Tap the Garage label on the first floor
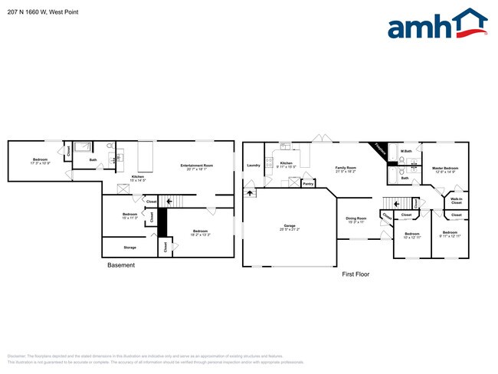pyautogui.click(x=290, y=225)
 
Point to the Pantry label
pyautogui.click(x=308, y=184)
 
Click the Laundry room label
pyautogui.click(x=254, y=165)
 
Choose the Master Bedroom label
pyautogui.click(x=444, y=168)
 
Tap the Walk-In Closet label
pyautogui.click(x=456, y=201)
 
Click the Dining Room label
pyautogui.click(x=357, y=218)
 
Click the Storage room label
pyautogui.click(x=130, y=248)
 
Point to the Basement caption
pyautogui.click(x=121, y=265)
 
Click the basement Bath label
pyautogui.click(x=93, y=160)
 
